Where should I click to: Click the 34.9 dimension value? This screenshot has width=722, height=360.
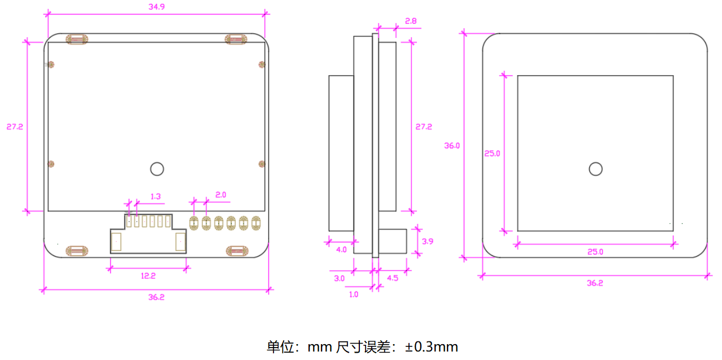(156, 7)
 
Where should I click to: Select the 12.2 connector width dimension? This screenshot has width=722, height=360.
(148, 276)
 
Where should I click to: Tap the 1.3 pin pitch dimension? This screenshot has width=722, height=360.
(156, 197)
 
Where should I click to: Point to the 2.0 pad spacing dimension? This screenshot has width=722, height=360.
(221, 194)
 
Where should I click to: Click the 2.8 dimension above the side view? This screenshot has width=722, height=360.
(411, 21)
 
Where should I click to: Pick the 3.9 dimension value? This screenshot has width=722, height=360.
(428, 241)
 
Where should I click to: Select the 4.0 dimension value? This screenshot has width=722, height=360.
(341, 250)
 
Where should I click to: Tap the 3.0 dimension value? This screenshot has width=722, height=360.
(339, 278)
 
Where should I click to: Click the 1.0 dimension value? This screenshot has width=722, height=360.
(353, 294)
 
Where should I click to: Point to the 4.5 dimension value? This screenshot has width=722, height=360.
(392, 278)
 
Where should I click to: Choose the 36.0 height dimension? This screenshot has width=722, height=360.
(452, 145)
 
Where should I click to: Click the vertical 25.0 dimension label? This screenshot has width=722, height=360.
(492, 153)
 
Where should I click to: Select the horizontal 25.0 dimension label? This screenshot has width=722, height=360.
(595, 252)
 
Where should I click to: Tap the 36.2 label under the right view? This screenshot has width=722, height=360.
(595, 283)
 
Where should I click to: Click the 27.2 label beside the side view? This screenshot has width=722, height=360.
(424, 127)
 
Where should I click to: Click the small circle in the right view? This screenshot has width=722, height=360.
(595, 168)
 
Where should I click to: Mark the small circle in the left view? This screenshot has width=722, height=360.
(156, 168)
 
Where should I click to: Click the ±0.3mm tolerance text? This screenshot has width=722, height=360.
(432, 346)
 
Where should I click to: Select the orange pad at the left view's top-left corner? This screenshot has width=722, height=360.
(77, 39)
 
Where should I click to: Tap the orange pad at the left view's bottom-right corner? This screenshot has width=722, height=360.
(237, 251)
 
